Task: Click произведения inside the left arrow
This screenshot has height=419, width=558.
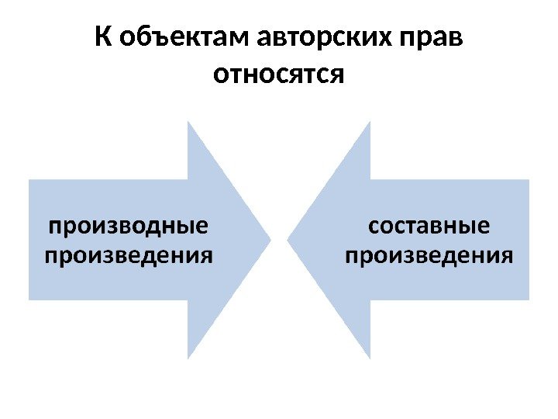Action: pyautogui.click(x=129, y=255)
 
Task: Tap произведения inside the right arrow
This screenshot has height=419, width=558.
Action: pyautogui.click(x=429, y=255)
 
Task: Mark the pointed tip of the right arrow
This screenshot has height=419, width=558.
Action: pyautogui.click(x=288, y=239)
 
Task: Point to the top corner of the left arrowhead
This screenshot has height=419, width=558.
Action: pyautogui.click(x=188, y=122)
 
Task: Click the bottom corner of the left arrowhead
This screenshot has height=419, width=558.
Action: pyautogui.click(x=188, y=358)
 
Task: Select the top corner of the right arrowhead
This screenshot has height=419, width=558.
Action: pyautogui.click(x=370, y=122)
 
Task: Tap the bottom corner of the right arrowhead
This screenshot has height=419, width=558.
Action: pyautogui.click(x=370, y=358)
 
